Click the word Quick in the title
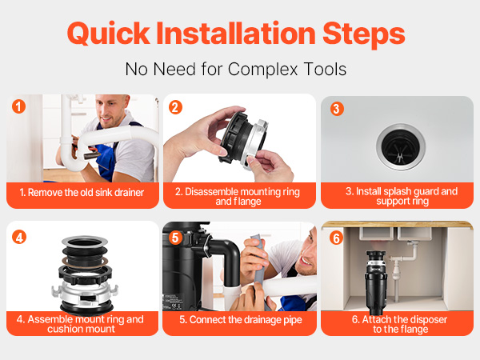click(108, 34)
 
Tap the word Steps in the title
click(364, 34)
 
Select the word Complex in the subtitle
click(262, 69)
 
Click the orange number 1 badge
click(18, 106)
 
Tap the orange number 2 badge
click(175, 107)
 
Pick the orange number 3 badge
click(337, 109)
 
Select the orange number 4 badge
click(19, 238)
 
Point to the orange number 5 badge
click(175, 238)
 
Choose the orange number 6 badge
click(336, 238)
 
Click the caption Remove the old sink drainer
click(82, 193)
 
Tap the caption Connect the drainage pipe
click(241, 320)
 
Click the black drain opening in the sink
click(401, 147)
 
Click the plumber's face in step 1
click(112, 111)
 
